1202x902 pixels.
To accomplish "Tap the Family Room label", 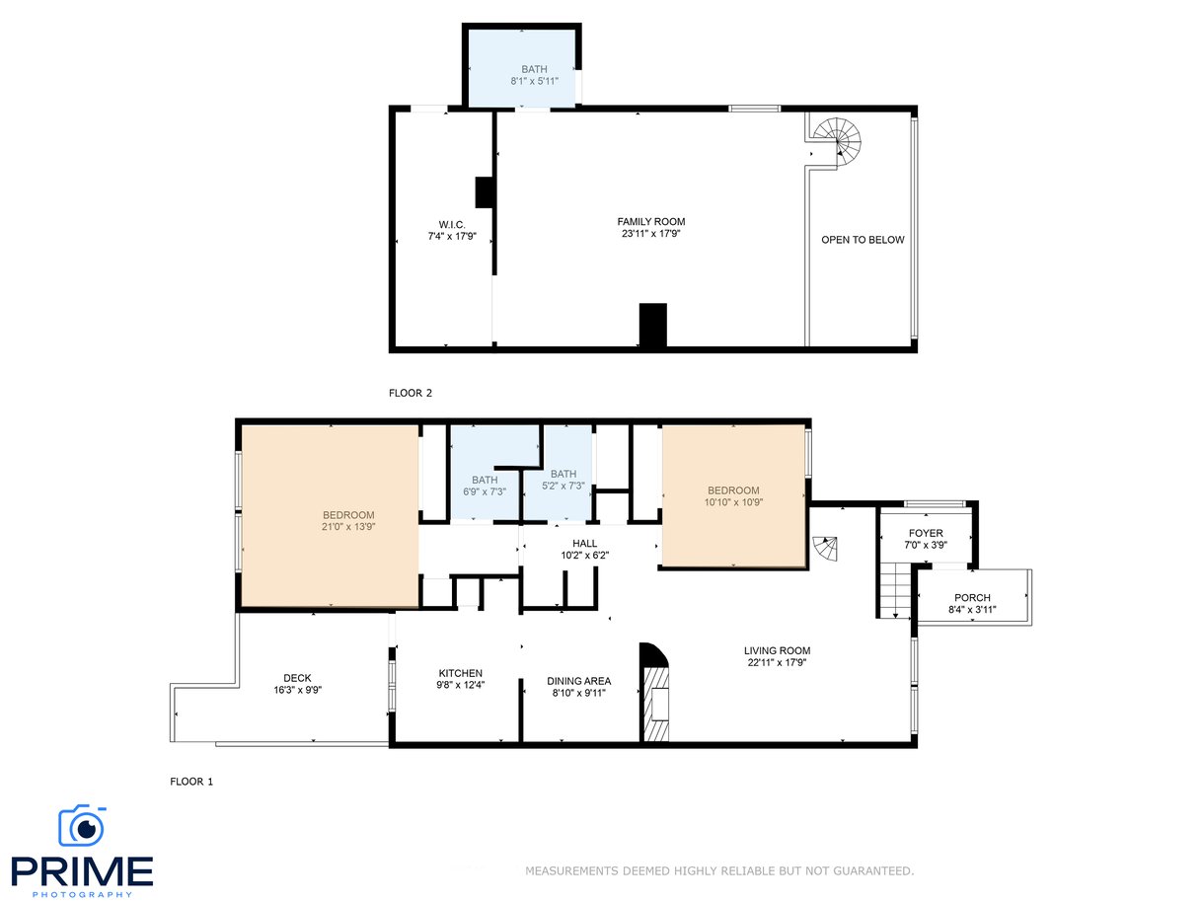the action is [651, 227].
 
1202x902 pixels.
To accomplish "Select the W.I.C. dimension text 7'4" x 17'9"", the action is [452, 237].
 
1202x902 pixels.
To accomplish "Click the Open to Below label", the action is [863, 240].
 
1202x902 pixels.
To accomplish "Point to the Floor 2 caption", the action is [411, 393].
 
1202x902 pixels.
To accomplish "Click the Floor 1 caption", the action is [191, 782].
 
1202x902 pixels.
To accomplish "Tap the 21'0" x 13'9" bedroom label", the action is [348, 521].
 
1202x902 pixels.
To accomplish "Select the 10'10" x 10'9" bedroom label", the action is [733, 496].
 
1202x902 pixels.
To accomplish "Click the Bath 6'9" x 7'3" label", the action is [485, 486].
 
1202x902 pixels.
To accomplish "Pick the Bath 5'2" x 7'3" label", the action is [563, 480].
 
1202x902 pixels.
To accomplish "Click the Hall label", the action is [584, 550].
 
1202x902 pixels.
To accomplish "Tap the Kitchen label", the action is [460, 679].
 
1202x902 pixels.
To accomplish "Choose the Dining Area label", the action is [578, 687].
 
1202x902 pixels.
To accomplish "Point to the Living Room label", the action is [777, 656].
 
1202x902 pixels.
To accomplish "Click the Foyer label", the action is [926, 539].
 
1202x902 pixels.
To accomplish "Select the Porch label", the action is [972, 604].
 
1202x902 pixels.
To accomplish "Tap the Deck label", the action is [297, 684].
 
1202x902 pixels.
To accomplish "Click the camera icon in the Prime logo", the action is [82, 825].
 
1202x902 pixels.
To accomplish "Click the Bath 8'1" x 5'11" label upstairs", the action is [534, 75].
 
